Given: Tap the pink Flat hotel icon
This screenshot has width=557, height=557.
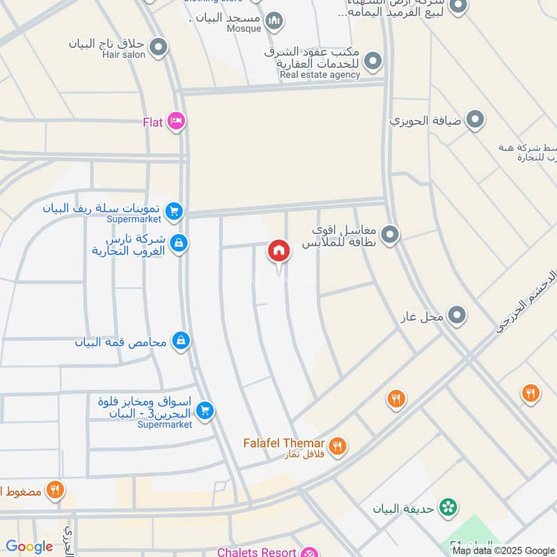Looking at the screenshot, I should coord(176,122).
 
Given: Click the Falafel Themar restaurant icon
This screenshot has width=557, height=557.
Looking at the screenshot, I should coord(338,446).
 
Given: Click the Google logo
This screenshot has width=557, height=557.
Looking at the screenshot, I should coord(29,547).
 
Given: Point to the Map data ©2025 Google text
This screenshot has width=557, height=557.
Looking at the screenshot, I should coord(503,550).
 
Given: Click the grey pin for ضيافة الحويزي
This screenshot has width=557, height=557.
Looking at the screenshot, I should coord(476,120).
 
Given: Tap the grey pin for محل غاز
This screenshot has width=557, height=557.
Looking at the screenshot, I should coord(457,316).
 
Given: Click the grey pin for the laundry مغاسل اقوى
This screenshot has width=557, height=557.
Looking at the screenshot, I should coord(390,235).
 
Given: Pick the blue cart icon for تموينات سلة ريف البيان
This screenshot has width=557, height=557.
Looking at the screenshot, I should coord(174,210).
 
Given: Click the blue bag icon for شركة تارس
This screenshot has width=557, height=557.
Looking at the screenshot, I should coord(179,243).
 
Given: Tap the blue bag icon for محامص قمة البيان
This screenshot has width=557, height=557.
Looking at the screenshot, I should coord(181,340).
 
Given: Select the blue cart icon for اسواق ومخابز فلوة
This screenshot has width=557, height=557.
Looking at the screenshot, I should coord(204,411).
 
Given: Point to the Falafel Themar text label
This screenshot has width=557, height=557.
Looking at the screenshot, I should coord(283,444).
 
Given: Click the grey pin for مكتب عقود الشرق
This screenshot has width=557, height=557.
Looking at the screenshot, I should coord(374,61).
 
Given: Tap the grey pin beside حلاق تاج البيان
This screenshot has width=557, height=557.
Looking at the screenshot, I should coord(159,47).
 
